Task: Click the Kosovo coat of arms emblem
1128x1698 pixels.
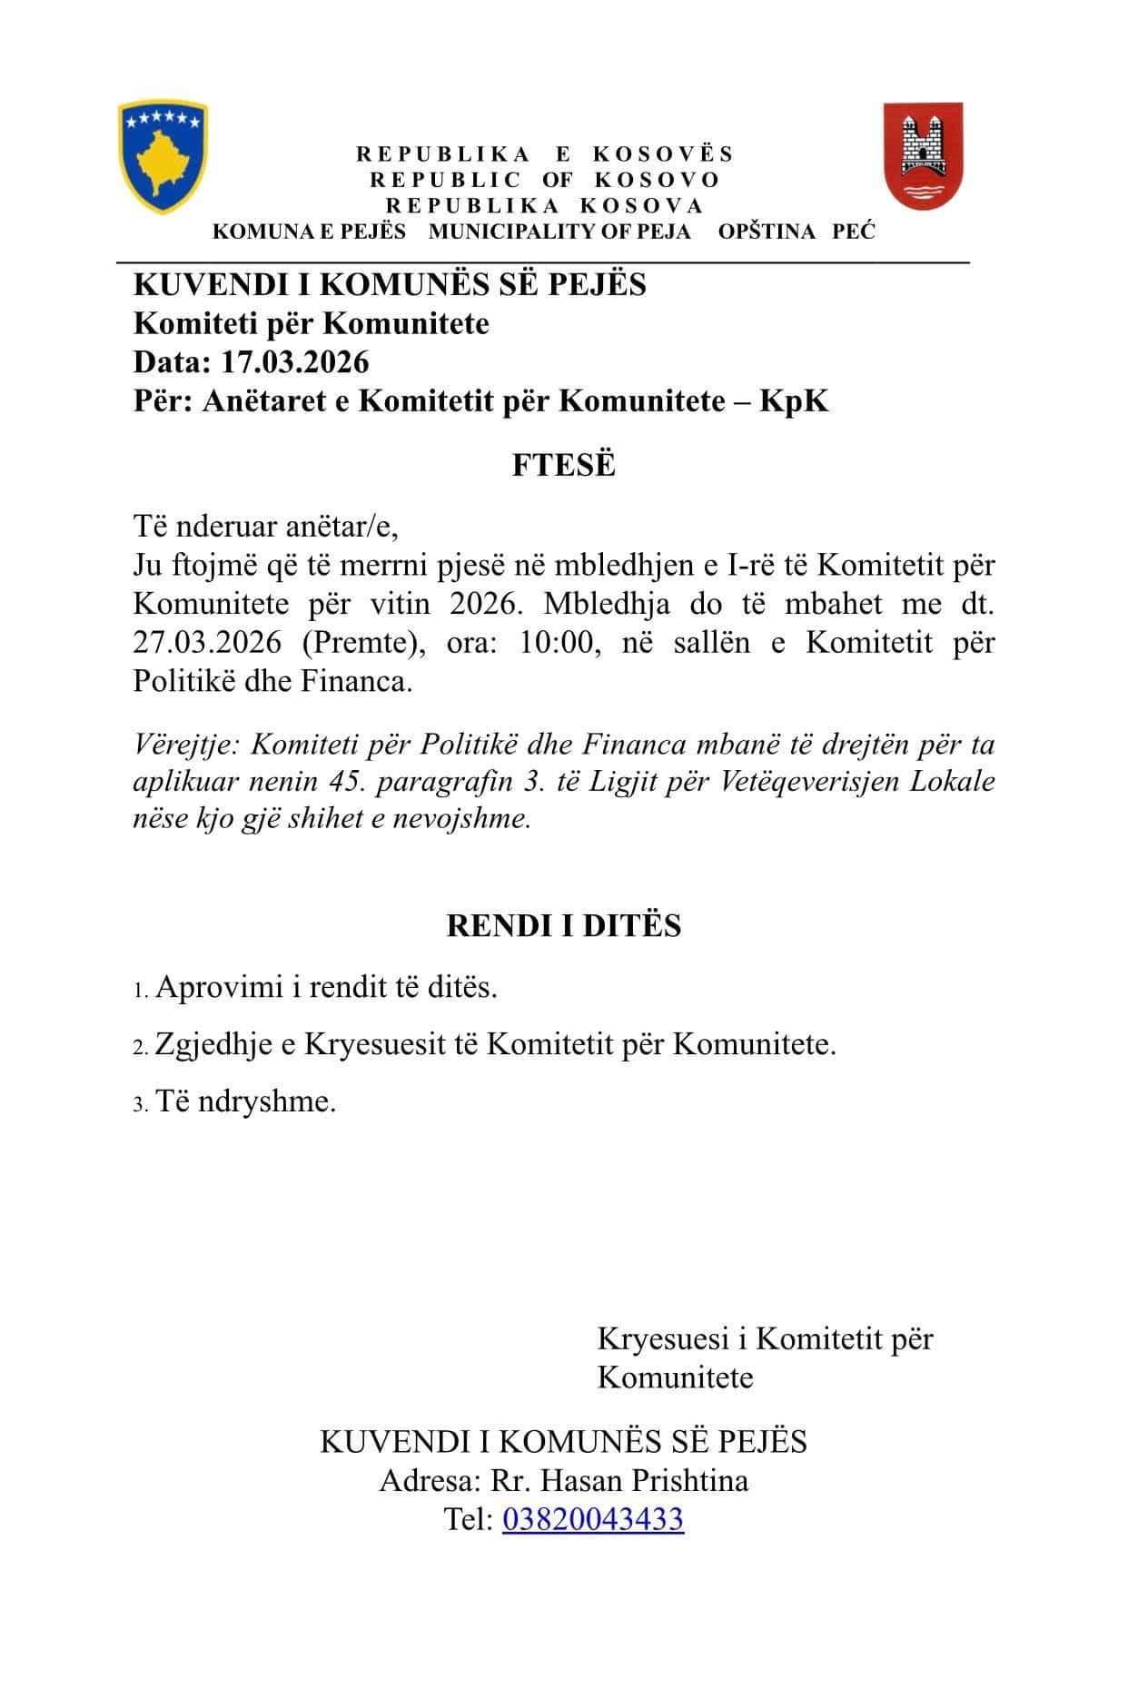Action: tap(163, 156)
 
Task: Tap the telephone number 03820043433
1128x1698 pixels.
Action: tap(592, 1519)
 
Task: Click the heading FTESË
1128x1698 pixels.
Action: tap(563, 465)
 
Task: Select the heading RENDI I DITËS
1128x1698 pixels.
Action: tap(563, 925)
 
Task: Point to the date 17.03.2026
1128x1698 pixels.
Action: tap(295, 362)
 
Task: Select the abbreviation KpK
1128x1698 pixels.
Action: tap(795, 400)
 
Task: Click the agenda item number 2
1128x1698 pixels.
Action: tap(140, 1047)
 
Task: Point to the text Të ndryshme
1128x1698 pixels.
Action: tap(245, 1101)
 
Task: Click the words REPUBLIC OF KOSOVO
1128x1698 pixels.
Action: tap(544, 180)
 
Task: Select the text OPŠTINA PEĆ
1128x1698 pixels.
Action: tap(797, 232)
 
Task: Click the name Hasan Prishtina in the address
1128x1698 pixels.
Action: tap(644, 1481)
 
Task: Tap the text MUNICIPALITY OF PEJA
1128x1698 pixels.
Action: tap(559, 232)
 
